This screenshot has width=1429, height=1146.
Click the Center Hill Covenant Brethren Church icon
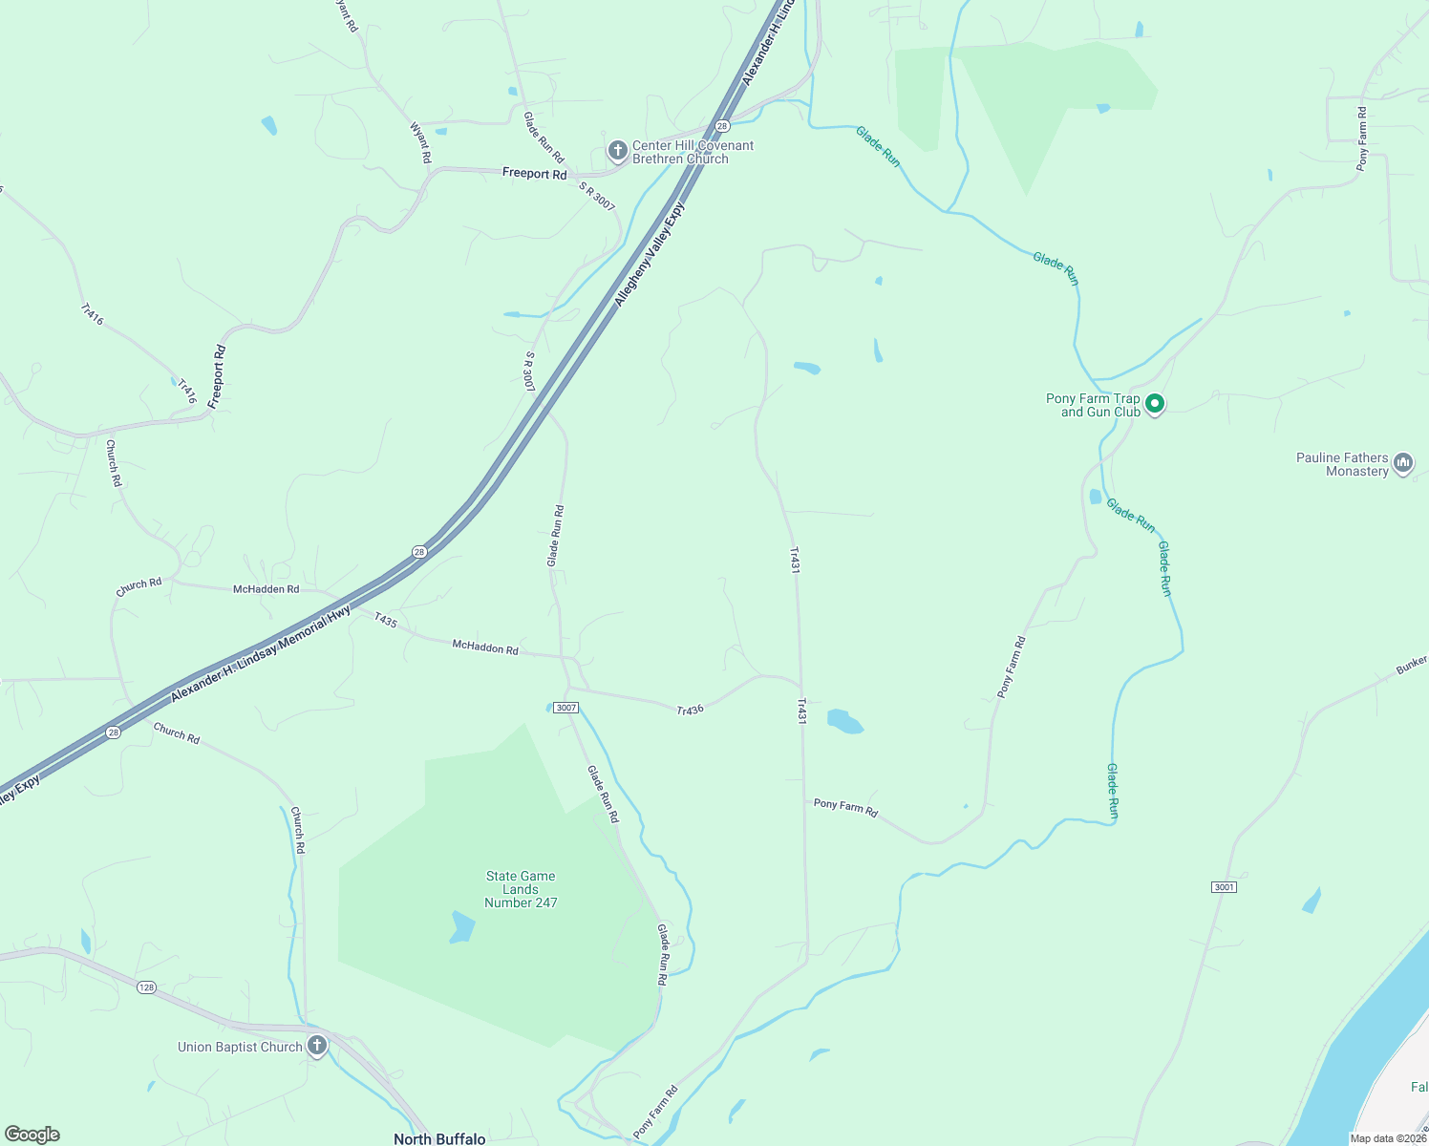pos(618,151)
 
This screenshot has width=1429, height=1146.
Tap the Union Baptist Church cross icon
pos(317,1046)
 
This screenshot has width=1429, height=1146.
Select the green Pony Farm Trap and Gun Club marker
pos(1155,405)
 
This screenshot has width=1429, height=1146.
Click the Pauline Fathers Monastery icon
pos(1403,464)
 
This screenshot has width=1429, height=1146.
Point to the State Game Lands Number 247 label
pos(521,889)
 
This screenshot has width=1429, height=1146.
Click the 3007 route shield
pos(566,708)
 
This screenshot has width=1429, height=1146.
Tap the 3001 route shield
pos(1224,887)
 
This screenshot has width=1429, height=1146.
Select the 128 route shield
pos(146,987)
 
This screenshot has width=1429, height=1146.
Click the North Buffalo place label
pos(439,1138)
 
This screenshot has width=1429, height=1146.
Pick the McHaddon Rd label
pos(485,647)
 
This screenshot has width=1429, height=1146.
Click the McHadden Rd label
pos(266,589)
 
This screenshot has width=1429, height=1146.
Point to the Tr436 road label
pos(690,710)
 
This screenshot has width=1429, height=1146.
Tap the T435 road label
pos(385,620)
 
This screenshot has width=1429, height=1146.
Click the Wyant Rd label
pos(420,142)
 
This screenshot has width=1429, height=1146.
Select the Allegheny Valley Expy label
pos(650,253)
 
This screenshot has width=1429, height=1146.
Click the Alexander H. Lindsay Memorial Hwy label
pos(260,654)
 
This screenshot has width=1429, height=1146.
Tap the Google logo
pos(32,1135)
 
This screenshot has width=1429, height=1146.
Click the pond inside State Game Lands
pos(462,926)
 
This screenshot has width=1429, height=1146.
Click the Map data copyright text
pos(1388,1138)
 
